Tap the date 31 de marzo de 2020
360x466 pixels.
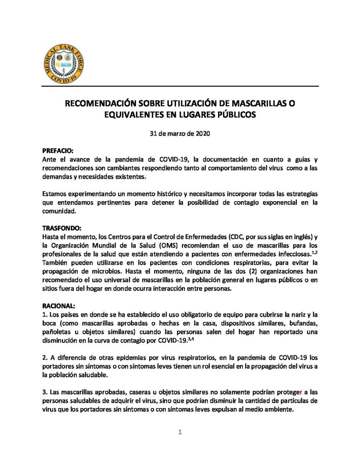(x=180, y=134)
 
